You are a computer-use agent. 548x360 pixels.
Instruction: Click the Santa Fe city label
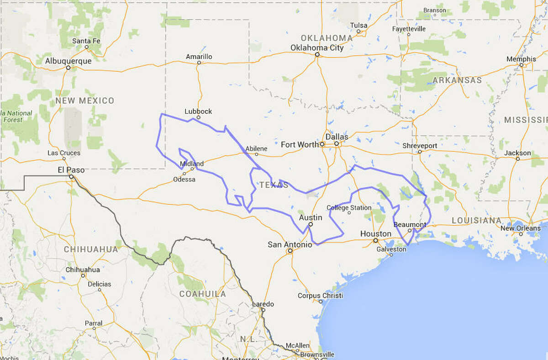click(x=86, y=41)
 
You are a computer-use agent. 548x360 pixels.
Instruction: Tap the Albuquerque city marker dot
click(x=68, y=68)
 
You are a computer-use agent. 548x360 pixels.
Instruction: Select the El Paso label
click(x=71, y=169)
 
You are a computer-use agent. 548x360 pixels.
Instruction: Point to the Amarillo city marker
click(x=199, y=63)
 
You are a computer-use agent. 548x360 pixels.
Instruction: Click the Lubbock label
click(x=198, y=111)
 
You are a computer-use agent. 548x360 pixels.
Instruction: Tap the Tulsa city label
click(x=358, y=25)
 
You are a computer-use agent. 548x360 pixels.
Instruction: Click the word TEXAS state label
click(x=274, y=185)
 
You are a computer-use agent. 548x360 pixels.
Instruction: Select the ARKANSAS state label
click(x=457, y=80)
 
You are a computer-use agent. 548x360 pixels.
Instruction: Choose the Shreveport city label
click(x=420, y=146)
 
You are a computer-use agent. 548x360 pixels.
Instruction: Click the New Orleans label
click(x=520, y=228)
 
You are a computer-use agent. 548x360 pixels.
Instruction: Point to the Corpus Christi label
click(x=320, y=296)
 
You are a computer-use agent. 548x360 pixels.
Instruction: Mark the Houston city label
click(x=376, y=233)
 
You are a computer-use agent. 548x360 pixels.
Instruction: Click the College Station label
click(x=349, y=208)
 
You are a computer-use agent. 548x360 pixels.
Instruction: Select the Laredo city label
click(x=263, y=304)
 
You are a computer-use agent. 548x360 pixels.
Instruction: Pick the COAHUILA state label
click(x=202, y=294)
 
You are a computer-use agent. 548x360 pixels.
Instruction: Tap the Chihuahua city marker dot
click(x=83, y=275)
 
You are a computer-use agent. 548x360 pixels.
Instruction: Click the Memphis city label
click(x=521, y=59)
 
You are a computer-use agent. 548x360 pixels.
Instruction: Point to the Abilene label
click(x=256, y=148)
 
